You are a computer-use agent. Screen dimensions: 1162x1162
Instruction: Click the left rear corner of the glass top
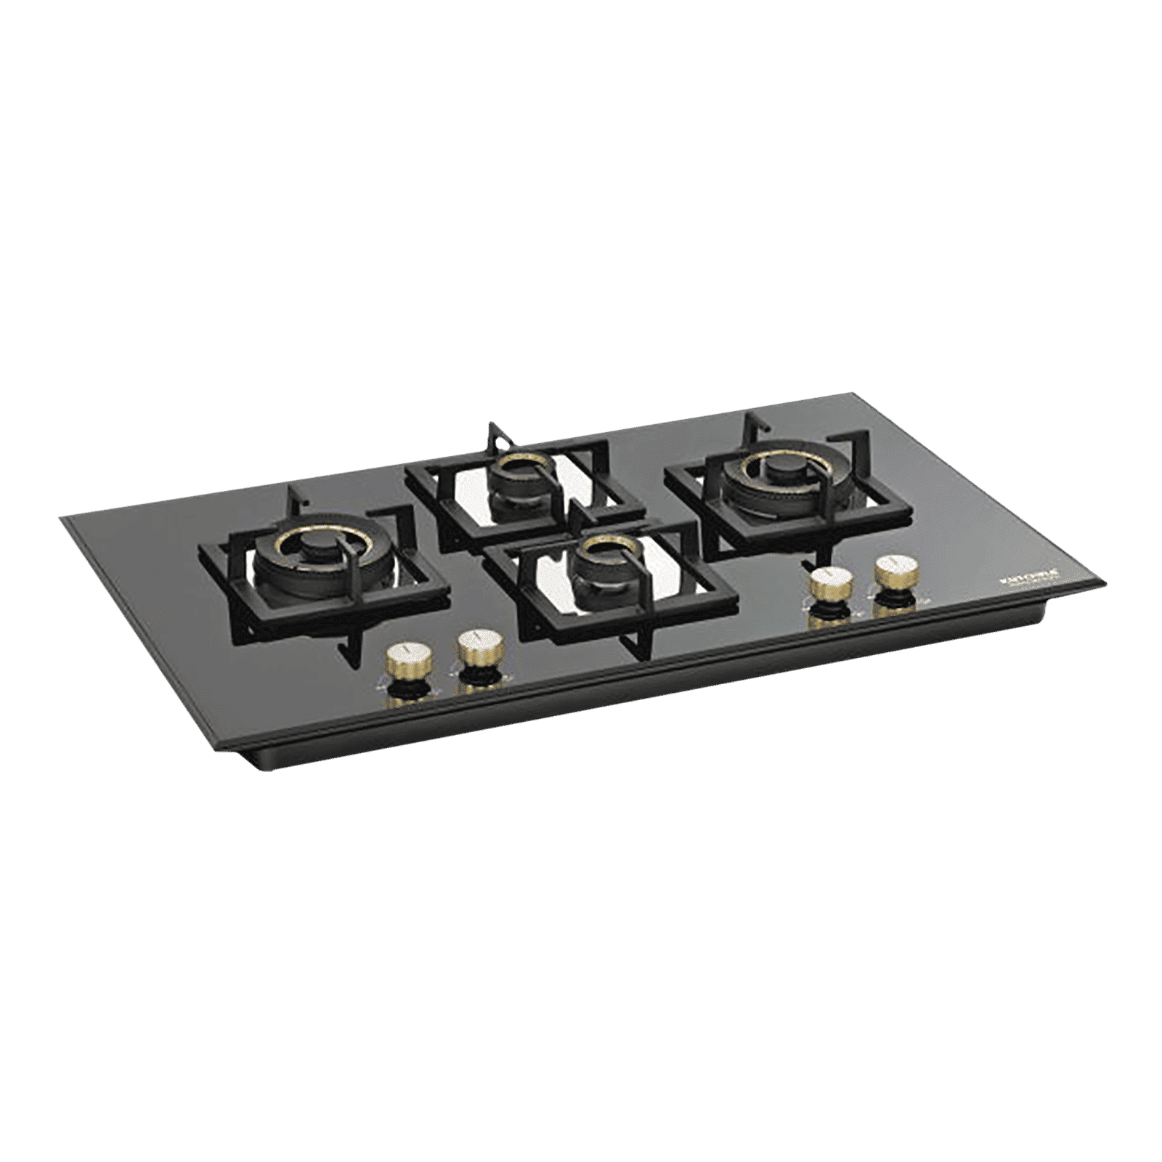(x=62, y=517)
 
